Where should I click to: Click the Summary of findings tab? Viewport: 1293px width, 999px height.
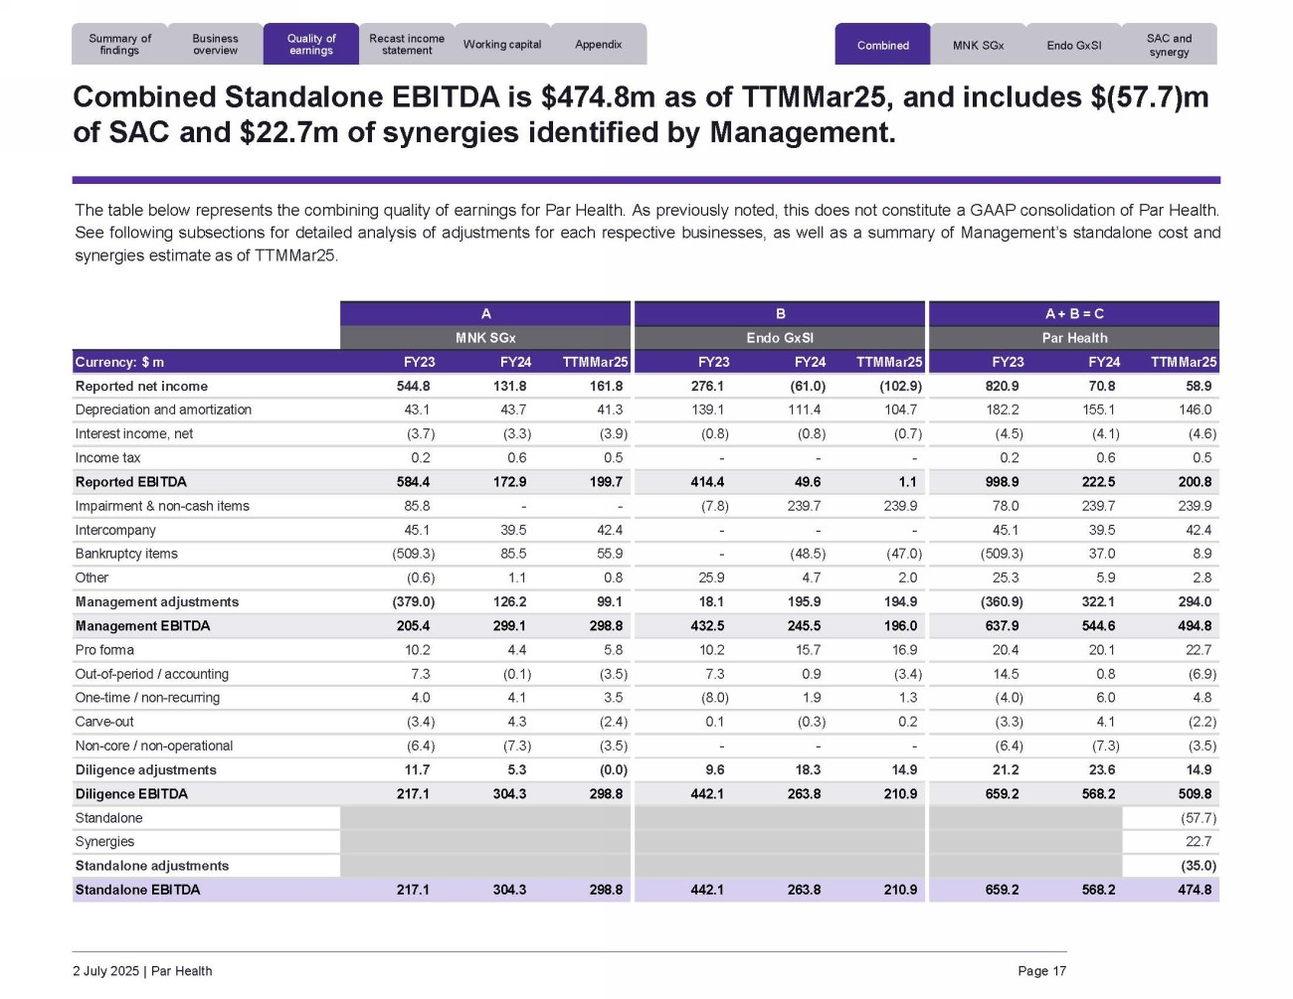point(119,45)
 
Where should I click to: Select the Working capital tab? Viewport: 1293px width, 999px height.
point(502,45)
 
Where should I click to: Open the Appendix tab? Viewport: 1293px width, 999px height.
point(598,45)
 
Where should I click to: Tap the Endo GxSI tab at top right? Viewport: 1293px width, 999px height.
point(1073,46)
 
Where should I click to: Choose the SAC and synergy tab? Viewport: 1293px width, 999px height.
point(1169,45)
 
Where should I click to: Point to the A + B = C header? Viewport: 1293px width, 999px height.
point(1074,314)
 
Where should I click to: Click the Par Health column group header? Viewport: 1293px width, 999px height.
point(1074,338)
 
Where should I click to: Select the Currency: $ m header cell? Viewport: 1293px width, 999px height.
point(119,363)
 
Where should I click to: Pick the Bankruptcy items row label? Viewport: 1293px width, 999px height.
point(126,554)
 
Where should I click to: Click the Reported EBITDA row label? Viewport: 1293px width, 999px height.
point(130,482)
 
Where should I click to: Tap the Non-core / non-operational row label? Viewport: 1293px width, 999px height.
point(153,746)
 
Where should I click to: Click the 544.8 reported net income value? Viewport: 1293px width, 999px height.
point(413,387)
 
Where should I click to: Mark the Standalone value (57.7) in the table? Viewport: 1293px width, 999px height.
point(1198,818)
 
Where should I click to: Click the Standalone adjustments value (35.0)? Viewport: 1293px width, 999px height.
point(1198,866)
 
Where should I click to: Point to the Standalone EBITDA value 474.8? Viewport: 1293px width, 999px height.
point(1195,890)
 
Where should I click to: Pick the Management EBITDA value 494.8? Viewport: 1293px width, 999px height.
point(1195,626)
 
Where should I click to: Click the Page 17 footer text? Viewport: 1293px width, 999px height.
point(1041,971)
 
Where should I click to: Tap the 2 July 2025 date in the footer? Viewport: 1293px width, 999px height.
point(105,971)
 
